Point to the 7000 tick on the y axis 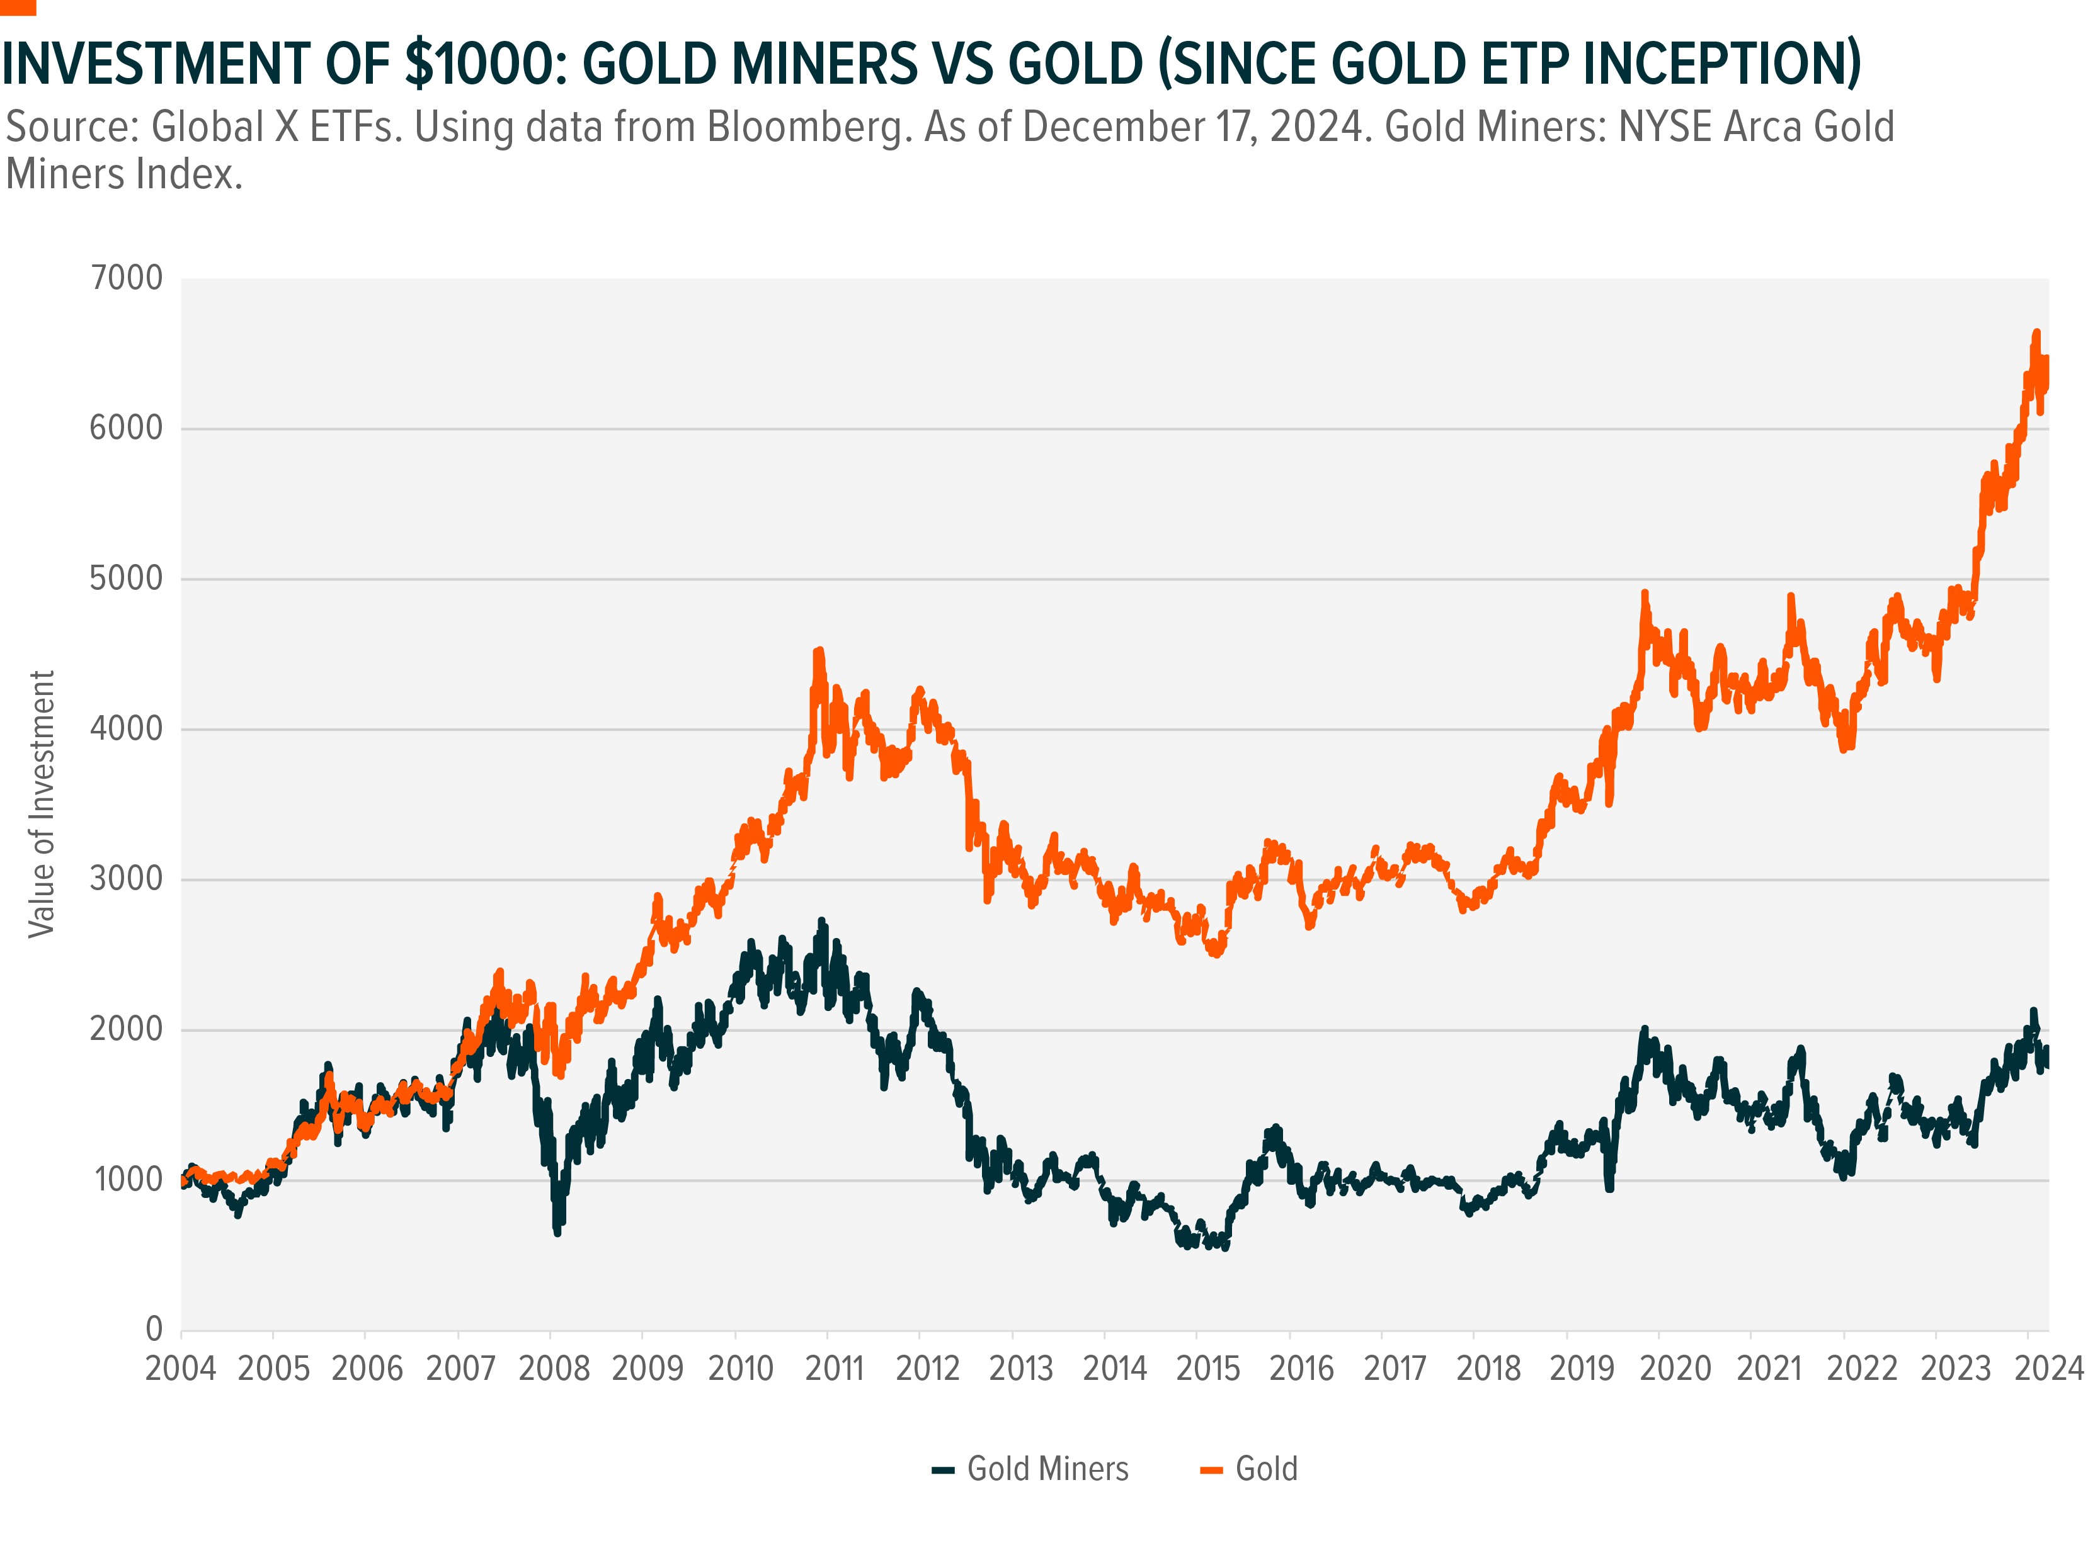click(127, 278)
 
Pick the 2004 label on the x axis click(180, 1369)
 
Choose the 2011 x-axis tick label click(833, 1369)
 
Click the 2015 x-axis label click(1207, 1369)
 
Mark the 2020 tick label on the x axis click(1675, 1369)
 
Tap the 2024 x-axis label click(2048, 1369)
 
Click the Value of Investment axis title click(42, 803)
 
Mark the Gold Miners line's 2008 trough click(558, 1232)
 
